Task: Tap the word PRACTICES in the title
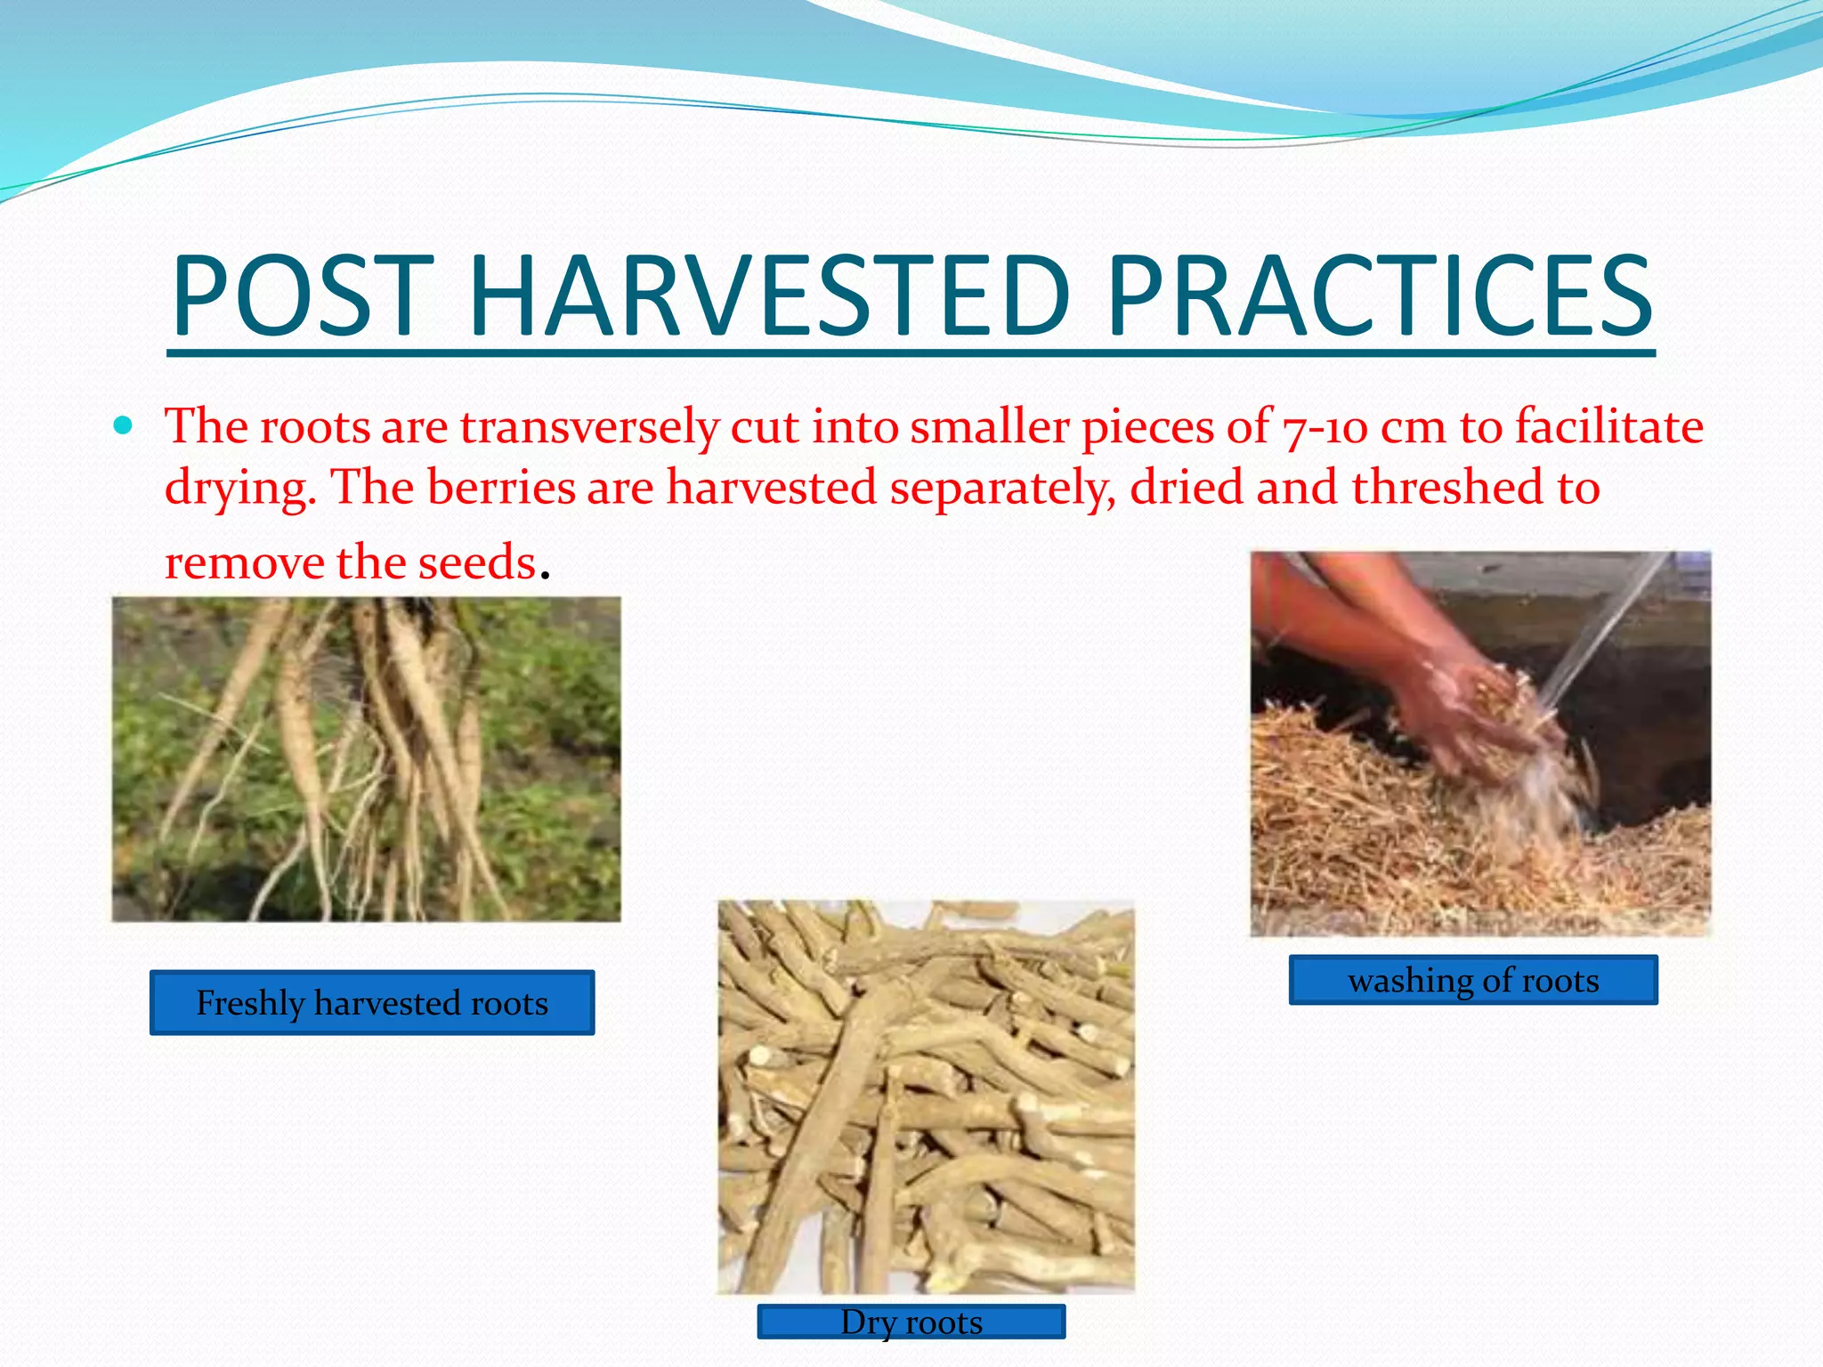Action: tap(1379, 295)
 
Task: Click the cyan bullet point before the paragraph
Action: tap(124, 425)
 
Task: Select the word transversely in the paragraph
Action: tap(588, 427)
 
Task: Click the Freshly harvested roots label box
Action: tap(372, 1003)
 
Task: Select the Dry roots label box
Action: tap(911, 1322)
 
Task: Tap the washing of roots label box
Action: tap(1473, 980)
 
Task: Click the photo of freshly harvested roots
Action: tap(366, 759)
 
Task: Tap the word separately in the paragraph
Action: tap(1002, 488)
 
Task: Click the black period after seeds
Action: tap(546, 573)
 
